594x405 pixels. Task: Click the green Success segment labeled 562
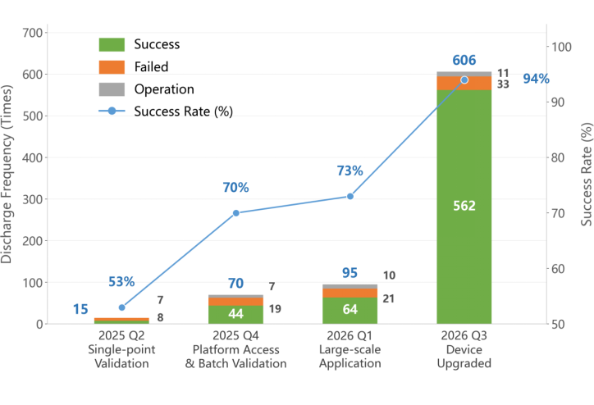coord(464,207)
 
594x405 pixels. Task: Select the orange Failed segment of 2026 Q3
coord(464,84)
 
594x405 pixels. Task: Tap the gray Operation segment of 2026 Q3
coord(464,74)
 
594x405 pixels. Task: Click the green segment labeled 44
coord(235,315)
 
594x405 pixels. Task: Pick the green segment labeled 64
coord(350,311)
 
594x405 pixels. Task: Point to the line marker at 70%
coord(236,213)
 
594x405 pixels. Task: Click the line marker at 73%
coord(350,197)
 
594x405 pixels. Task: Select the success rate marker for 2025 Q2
coord(121,307)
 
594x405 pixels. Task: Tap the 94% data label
coord(536,79)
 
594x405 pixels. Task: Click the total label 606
coord(464,60)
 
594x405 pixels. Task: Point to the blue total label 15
coord(80,309)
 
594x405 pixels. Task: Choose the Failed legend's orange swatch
coord(112,67)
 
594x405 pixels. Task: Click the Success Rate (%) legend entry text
coord(183,111)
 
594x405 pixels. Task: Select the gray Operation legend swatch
coord(112,89)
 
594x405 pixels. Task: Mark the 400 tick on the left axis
coord(33,157)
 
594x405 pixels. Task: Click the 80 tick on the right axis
coord(558,157)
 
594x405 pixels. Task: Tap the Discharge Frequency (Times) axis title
coord(7,174)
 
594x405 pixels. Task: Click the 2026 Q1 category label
coord(350,335)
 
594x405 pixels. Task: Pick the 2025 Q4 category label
coord(235,335)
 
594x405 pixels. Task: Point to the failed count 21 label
coord(388,298)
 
